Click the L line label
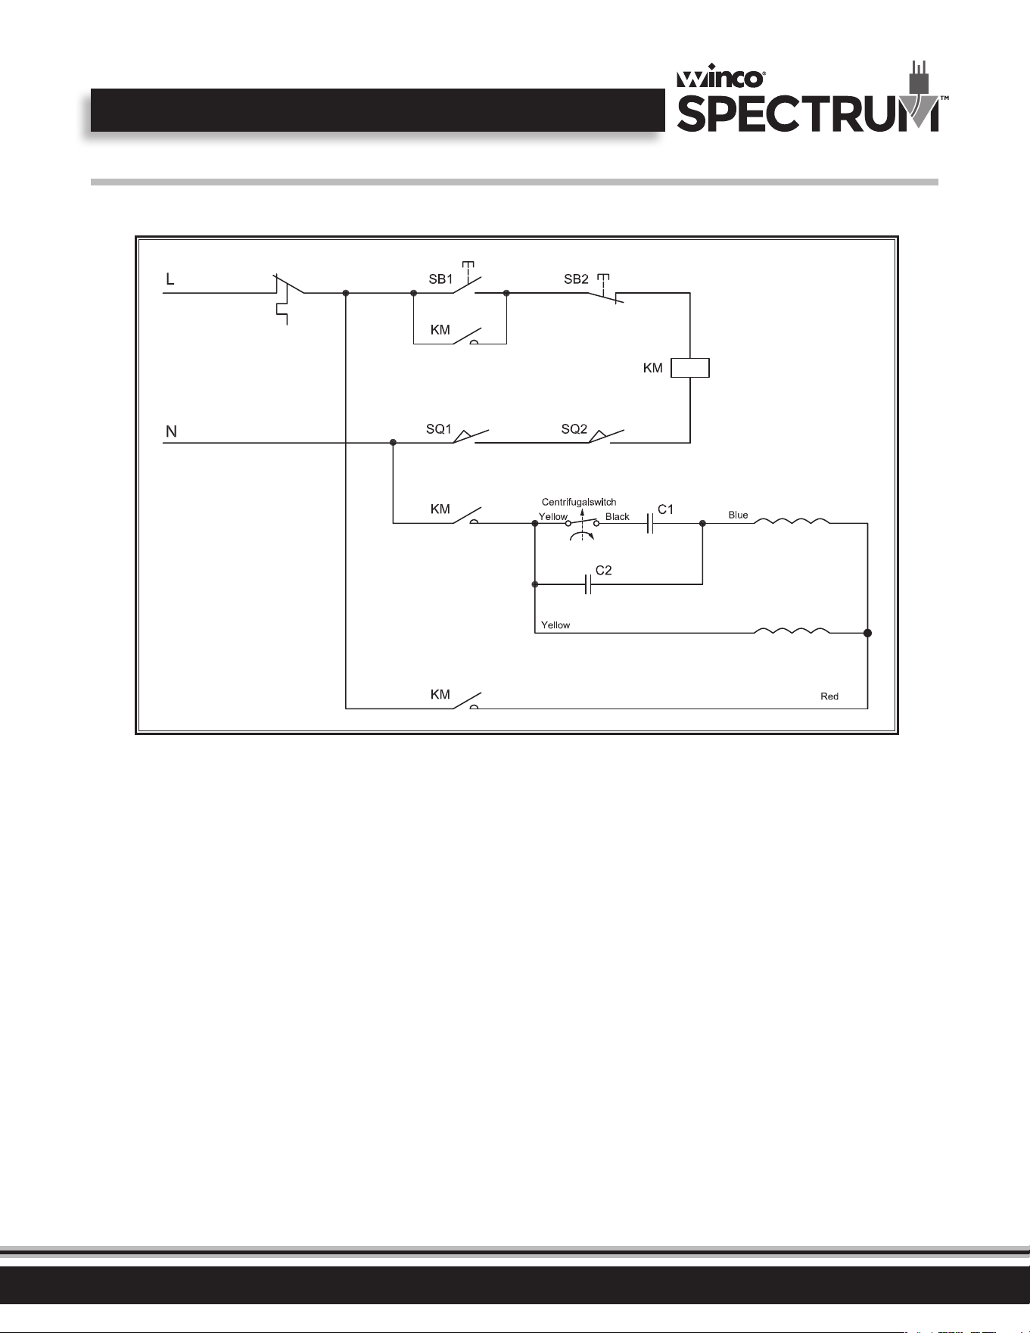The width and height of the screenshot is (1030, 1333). [x=170, y=279]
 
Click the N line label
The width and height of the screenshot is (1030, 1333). [x=171, y=431]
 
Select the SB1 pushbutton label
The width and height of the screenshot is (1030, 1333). [x=440, y=279]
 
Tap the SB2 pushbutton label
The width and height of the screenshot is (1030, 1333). [x=576, y=279]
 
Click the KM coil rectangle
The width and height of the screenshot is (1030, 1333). [x=690, y=368]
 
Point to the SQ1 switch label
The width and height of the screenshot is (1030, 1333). [x=438, y=429]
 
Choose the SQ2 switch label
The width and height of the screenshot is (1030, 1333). [x=574, y=429]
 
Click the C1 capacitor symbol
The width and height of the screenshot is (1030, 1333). [x=649, y=523]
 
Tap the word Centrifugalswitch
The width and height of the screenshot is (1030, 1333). [x=579, y=502]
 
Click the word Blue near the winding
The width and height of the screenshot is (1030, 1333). [x=738, y=515]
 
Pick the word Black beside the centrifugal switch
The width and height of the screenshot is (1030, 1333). [x=618, y=516]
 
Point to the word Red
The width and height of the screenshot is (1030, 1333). [x=829, y=696]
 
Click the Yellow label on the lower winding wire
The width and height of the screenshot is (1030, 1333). [x=555, y=624]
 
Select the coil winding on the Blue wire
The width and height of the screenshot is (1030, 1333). [x=792, y=521]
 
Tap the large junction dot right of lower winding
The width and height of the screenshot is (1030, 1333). [x=867, y=633]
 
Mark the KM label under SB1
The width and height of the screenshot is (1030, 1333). [x=440, y=330]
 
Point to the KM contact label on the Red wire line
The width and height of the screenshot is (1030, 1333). [x=440, y=694]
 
